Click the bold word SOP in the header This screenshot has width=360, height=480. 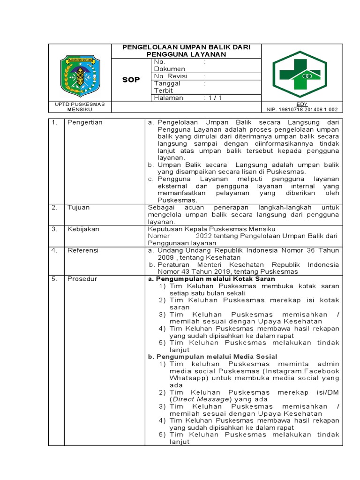point(131,80)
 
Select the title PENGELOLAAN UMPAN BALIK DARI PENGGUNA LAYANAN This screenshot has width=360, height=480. point(186,51)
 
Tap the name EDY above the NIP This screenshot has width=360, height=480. point(302,104)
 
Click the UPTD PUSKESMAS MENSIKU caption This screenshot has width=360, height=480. point(80,107)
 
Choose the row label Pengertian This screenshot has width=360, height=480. point(84,122)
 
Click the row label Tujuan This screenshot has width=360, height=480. point(78,207)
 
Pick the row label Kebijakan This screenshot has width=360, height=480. point(83,229)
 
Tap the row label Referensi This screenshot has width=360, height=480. point(82,250)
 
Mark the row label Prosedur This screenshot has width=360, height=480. point(82,279)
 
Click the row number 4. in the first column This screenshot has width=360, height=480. point(54,250)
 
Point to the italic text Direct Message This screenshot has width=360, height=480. point(201,399)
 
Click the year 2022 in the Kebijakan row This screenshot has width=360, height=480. point(206,236)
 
